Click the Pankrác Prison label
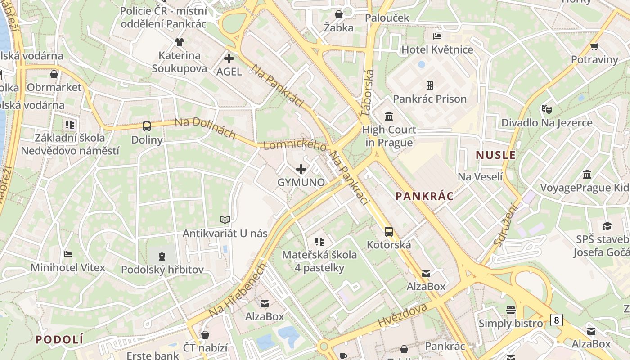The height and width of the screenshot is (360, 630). tap(430, 99)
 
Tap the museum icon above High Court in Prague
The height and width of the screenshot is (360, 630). tap(389, 117)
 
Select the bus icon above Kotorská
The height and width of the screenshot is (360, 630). tap(389, 232)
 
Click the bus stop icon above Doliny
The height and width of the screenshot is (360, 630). tap(147, 126)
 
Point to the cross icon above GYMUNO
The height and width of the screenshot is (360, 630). tap(301, 169)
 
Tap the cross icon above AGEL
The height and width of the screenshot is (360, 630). tap(229, 58)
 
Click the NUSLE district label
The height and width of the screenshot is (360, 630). tap(496, 155)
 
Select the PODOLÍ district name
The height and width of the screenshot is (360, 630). tap(60, 339)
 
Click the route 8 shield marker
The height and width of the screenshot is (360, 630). tap(557, 320)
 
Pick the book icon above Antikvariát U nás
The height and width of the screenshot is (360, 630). tap(225, 220)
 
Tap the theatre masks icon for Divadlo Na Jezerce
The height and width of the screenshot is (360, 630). tap(547, 109)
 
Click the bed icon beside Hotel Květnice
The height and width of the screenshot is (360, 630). tap(437, 36)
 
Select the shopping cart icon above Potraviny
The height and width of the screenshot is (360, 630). tap(594, 46)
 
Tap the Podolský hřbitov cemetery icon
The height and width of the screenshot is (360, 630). tap(162, 256)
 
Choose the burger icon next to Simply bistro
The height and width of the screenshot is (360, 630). tap(510, 310)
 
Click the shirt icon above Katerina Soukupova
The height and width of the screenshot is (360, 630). tap(180, 42)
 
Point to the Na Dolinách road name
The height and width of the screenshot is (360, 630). tap(205, 128)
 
